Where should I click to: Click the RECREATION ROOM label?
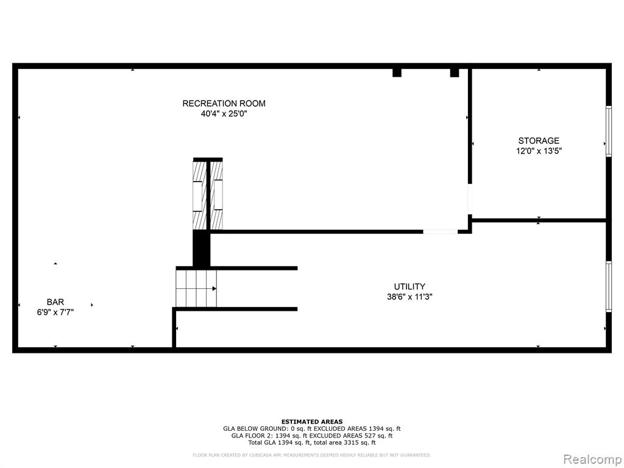click(x=224, y=104)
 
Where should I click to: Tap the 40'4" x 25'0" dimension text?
click(x=224, y=114)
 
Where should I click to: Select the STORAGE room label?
click(x=539, y=141)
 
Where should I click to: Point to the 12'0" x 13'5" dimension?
click(x=539, y=151)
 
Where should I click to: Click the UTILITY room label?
click(x=409, y=286)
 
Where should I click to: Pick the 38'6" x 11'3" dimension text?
click(x=409, y=297)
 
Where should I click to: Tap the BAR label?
click(x=55, y=302)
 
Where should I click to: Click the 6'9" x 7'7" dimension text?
click(x=55, y=313)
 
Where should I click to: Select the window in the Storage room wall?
click(x=609, y=132)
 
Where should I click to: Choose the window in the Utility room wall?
click(x=609, y=286)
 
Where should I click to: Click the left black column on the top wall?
click(x=397, y=73)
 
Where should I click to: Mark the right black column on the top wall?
click(x=455, y=73)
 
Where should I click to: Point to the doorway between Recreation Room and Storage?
click(x=470, y=199)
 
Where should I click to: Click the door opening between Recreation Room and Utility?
click(x=440, y=231)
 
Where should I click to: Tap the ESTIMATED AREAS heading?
click(x=312, y=422)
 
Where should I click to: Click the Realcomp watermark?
click(x=592, y=459)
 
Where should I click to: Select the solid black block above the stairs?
click(x=201, y=249)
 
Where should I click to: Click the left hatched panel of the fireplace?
click(x=199, y=195)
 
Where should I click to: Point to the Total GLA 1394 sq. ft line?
click(x=312, y=442)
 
